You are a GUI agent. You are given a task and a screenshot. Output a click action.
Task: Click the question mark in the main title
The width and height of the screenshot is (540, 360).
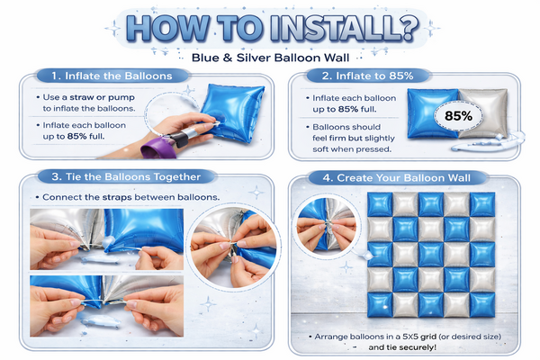tap(408, 28)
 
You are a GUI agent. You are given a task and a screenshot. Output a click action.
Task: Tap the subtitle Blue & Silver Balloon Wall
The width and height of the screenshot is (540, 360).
tap(270, 58)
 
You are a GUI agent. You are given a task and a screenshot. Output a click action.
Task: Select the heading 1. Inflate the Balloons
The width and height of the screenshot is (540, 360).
tap(112, 76)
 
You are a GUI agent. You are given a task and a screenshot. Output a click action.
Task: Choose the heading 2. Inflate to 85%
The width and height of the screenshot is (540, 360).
tap(367, 76)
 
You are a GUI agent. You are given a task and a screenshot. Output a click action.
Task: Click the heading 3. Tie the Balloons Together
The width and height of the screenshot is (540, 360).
tap(126, 176)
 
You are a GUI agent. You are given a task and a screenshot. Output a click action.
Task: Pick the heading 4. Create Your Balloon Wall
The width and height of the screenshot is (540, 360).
tap(396, 178)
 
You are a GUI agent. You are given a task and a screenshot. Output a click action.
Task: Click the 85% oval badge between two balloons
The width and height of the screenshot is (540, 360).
tap(458, 116)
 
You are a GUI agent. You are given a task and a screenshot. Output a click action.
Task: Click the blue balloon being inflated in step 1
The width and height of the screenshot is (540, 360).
tap(233, 112)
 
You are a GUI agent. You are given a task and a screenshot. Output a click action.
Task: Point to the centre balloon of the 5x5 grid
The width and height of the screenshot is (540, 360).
tap(431, 254)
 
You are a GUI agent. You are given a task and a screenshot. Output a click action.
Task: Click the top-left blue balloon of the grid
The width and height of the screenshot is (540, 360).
tap(380, 204)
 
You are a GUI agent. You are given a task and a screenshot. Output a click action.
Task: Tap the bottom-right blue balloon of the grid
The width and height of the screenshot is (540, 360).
tap(482, 304)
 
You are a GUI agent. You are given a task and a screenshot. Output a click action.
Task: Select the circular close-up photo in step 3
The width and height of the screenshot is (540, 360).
tap(233, 246)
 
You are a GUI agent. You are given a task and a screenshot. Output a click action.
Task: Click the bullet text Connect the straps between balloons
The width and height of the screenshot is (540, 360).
tap(130, 197)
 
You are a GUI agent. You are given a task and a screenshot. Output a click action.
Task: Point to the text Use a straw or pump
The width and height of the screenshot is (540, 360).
tap(88, 97)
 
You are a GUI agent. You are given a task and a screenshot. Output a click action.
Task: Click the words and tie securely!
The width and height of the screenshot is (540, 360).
tap(402, 347)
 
